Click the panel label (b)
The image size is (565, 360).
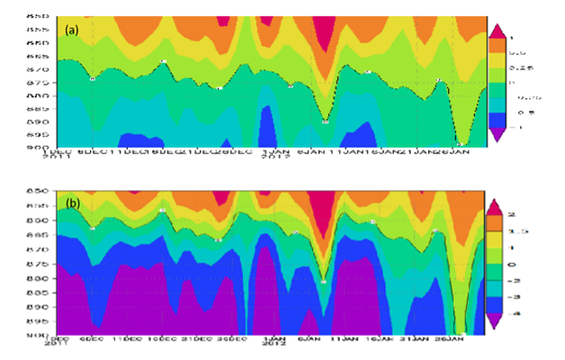click(x=72, y=202)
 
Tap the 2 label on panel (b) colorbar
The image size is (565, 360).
click(x=516, y=214)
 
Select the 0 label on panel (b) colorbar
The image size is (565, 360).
click(x=516, y=264)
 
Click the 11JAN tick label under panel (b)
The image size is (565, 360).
click(x=341, y=339)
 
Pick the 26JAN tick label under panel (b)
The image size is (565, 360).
click(x=444, y=339)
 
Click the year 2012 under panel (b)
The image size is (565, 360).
click(x=274, y=346)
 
